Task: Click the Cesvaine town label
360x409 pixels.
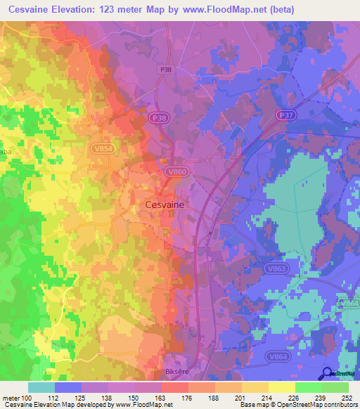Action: coord(165,204)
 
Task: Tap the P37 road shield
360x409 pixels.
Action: coord(285,115)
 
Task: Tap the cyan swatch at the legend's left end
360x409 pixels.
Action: coord(41,387)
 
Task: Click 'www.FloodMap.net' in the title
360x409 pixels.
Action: coord(224,9)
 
